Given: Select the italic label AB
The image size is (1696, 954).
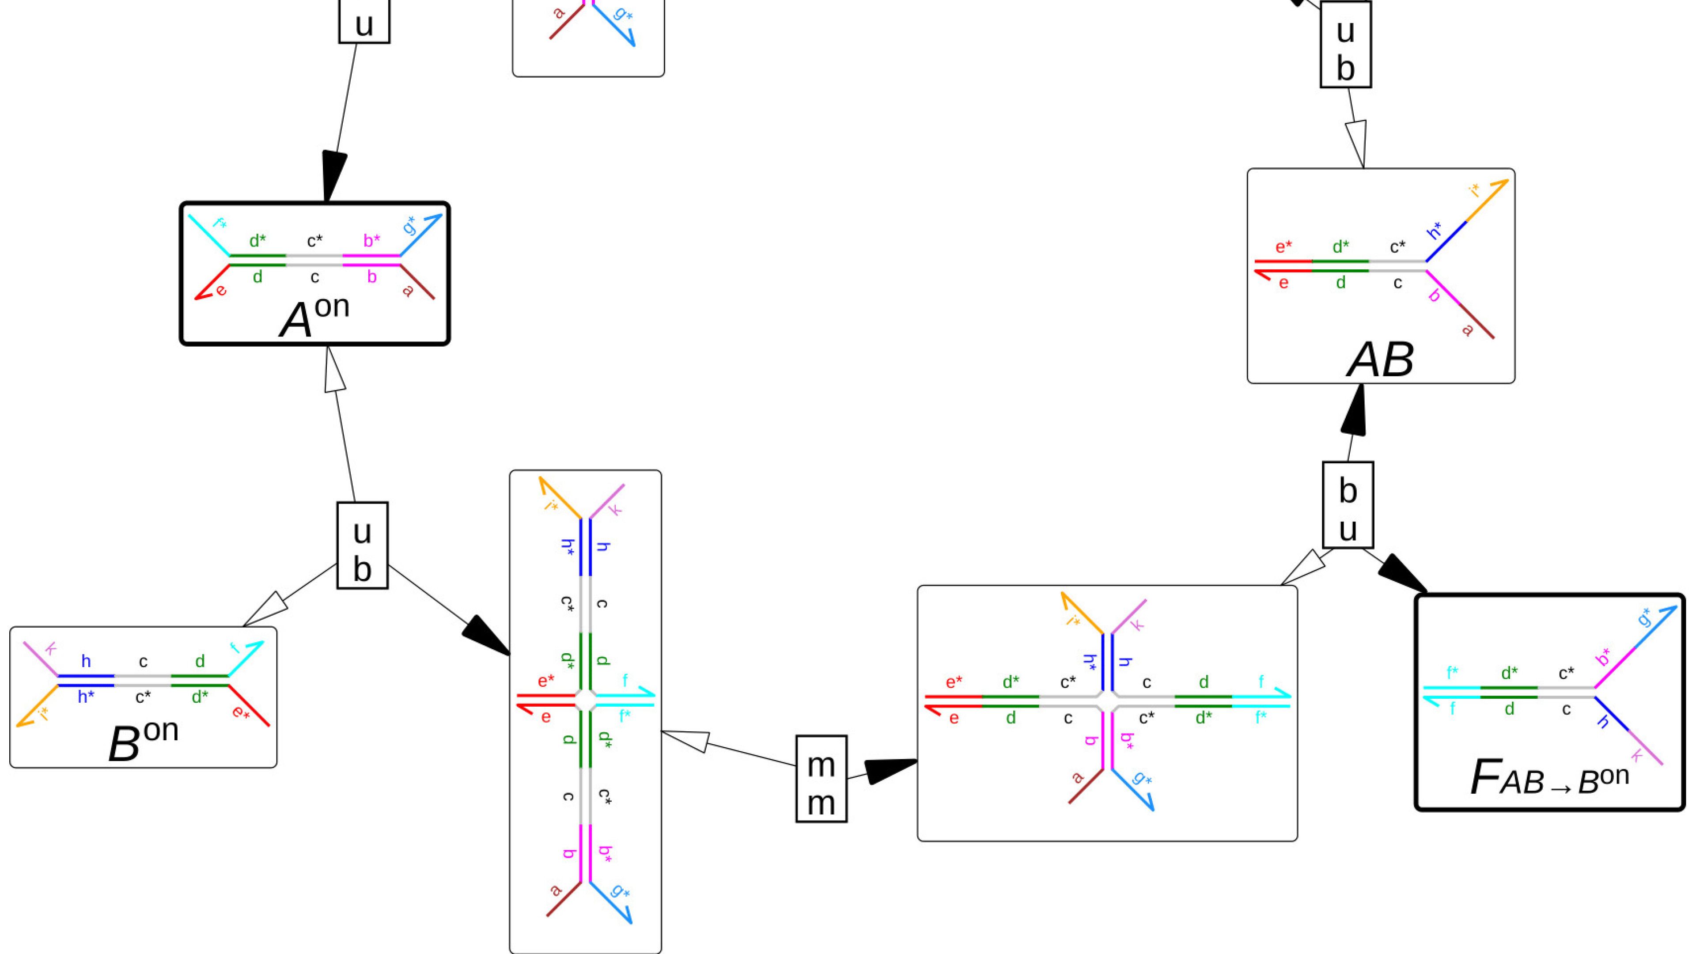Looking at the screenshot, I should click(1380, 360).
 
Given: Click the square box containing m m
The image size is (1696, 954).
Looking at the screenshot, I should click(821, 779).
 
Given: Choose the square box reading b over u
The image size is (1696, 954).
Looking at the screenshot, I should click(1348, 505).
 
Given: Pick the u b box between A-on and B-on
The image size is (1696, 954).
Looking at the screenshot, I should click(362, 545).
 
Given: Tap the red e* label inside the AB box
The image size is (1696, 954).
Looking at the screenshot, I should click(1283, 247).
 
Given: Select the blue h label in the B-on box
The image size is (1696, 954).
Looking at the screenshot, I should click(86, 661).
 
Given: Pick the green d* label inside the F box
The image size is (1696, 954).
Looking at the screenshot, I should click(1509, 673).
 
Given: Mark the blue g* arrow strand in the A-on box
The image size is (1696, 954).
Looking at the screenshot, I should click(421, 235).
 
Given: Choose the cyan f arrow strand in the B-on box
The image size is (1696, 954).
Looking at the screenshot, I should click(246, 659).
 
